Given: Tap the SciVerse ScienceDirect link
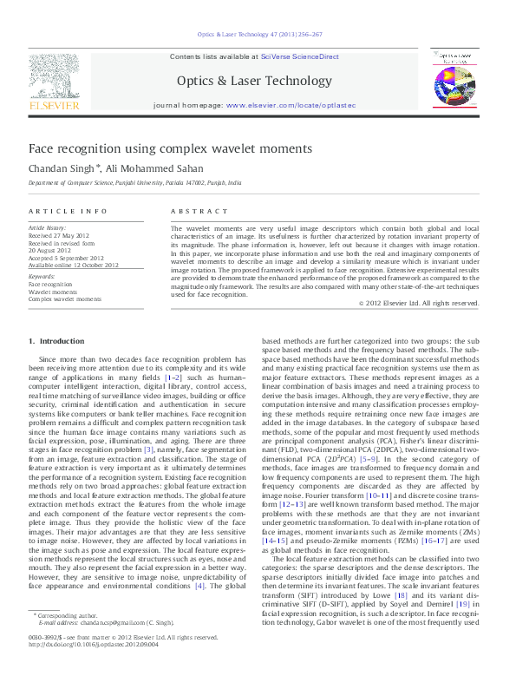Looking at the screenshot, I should click(x=297, y=56).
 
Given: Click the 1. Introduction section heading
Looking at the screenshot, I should click(x=57, y=341).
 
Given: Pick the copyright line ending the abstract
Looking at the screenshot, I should click(x=419, y=303).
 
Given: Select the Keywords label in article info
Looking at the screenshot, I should click(x=42, y=276).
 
